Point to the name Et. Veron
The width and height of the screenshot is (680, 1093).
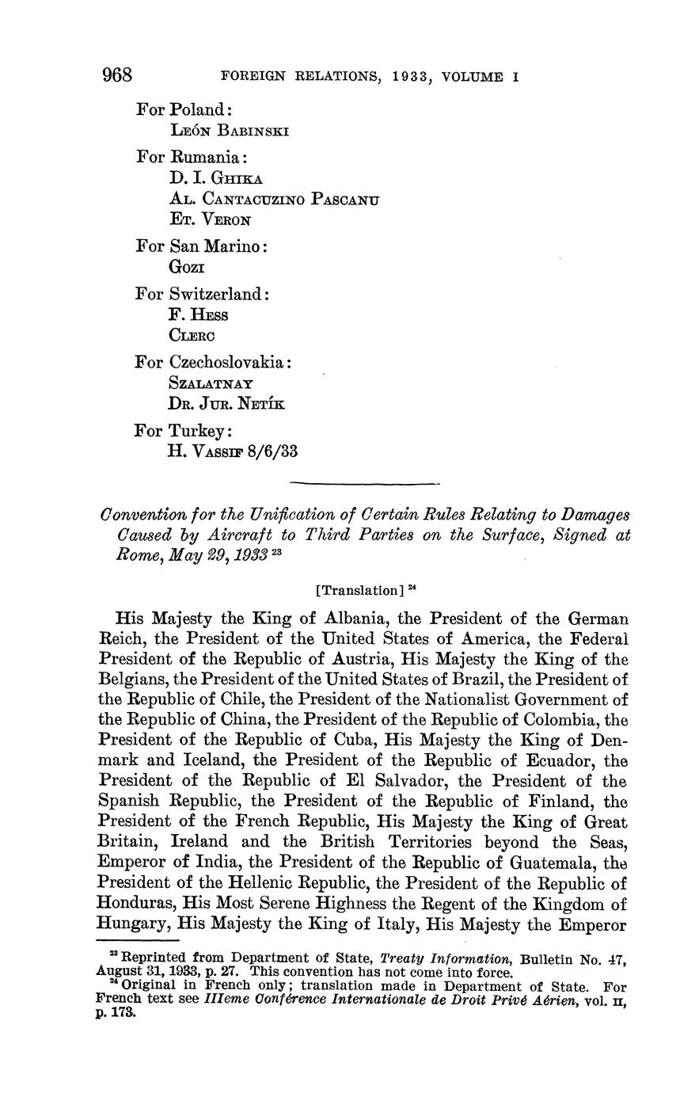[x=210, y=220]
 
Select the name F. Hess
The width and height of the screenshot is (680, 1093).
[x=199, y=315]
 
